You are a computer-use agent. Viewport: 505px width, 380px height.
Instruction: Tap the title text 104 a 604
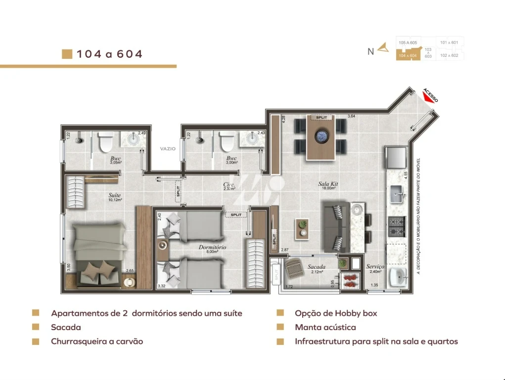[x=109, y=54]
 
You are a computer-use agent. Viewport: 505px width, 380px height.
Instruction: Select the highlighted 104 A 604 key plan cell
[x=408, y=56]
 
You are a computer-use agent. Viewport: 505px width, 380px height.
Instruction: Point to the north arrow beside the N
[x=383, y=48]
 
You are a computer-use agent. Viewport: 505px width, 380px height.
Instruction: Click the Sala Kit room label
[x=327, y=184]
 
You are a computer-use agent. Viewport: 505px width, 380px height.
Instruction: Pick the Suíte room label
[x=115, y=195]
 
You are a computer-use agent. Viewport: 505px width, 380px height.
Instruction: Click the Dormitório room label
[x=212, y=247]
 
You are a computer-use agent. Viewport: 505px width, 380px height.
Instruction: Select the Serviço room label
[x=375, y=266]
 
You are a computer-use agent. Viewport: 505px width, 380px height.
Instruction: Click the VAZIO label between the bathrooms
[x=168, y=148]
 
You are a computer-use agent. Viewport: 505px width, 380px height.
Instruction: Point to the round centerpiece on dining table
[x=321, y=135]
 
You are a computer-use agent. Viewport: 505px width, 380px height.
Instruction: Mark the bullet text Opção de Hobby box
[x=336, y=313]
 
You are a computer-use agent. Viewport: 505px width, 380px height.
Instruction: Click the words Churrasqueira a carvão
[x=97, y=341]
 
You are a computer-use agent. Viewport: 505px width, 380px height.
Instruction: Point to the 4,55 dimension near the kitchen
[x=406, y=175]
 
